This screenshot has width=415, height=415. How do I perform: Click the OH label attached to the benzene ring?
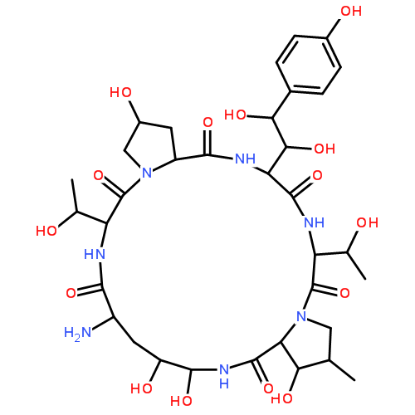(351, 11)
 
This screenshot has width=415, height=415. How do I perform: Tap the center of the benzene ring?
(309, 65)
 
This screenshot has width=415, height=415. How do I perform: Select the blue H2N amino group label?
(77, 333)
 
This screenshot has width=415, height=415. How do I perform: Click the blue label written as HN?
(95, 254)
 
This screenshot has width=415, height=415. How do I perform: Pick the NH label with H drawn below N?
(224, 376)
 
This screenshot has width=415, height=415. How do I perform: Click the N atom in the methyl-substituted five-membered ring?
(301, 316)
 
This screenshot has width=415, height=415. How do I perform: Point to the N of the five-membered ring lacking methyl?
(147, 173)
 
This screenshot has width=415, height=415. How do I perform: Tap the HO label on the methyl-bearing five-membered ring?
(281, 398)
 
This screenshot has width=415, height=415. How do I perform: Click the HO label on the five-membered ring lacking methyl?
(120, 92)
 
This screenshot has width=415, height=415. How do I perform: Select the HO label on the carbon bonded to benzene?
(235, 115)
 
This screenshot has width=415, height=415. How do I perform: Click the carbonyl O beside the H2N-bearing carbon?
(71, 293)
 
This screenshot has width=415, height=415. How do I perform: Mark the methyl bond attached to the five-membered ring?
(342, 370)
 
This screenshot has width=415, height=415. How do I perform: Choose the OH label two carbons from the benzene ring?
(325, 149)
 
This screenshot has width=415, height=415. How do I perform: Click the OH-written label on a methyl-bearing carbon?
(368, 222)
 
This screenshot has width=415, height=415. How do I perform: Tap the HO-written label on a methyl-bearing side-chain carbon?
(46, 231)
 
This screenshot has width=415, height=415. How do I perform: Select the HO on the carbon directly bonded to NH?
(181, 401)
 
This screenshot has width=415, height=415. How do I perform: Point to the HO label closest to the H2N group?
(141, 388)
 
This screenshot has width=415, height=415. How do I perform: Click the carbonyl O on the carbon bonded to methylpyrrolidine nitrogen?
(344, 293)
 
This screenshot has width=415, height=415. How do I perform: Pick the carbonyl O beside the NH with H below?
(268, 388)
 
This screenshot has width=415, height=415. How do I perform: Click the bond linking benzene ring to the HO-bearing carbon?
(281, 105)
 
